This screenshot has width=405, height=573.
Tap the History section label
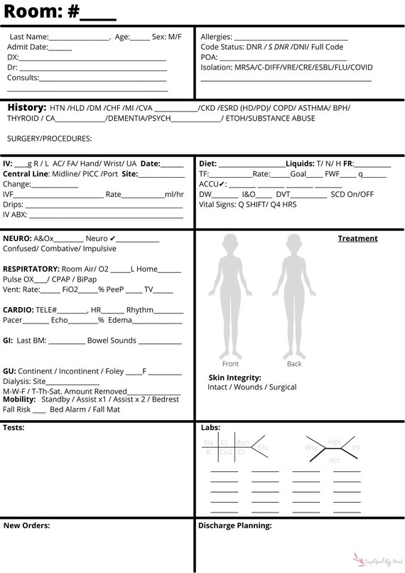coord(27,107)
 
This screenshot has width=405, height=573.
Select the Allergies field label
coord(216,36)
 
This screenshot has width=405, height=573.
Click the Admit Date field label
coord(28,47)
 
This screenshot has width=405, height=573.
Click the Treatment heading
coord(357,239)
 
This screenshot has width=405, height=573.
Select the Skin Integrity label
coord(234,377)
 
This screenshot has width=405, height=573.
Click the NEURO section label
coord(16,239)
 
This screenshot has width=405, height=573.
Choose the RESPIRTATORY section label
coord(31,269)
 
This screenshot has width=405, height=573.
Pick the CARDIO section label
coord(18,310)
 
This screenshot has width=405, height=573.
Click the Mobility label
coord(20,400)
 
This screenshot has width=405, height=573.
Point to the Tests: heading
coord(13,428)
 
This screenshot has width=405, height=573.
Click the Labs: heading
coord(210,428)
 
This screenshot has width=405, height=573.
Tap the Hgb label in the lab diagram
coord(334,443)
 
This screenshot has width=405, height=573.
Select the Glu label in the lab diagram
coord(263,447)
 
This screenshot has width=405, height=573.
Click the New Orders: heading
coord(26,526)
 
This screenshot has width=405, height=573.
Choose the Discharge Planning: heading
coord(234,526)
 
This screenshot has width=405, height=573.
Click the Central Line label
coord(26,174)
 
